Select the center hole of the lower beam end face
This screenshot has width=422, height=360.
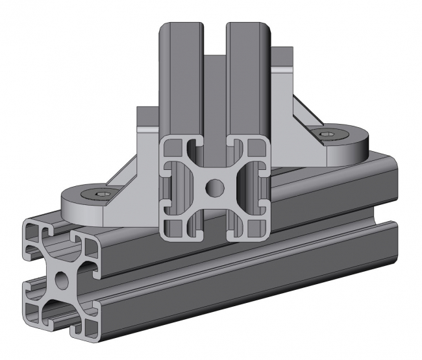[x=60, y=280]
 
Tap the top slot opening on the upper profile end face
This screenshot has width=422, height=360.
[x=215, y=144]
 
